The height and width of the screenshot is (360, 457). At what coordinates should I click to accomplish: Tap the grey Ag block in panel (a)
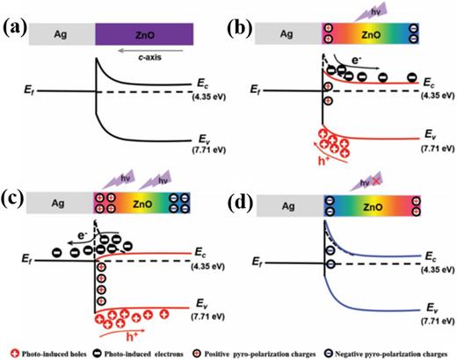(x=62, y=34)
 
